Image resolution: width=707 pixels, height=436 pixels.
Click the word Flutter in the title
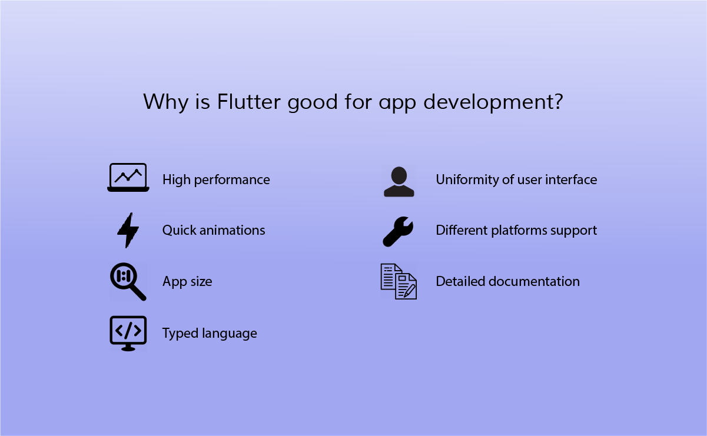click(x=248, y=102)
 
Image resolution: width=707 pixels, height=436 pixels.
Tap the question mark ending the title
click(x=557, y=101)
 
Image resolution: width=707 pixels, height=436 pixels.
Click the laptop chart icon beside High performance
click(x=128, y=177)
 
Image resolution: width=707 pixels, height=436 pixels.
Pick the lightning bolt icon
click(x=128, y=230)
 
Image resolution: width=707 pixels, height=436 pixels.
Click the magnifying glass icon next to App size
click(x=128, y=281)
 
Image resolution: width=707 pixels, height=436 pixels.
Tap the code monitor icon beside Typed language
click(x=128, y=334)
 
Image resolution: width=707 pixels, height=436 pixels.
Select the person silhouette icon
click(x=399, y=182)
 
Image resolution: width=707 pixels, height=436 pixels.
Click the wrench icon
click(x=398, y=232)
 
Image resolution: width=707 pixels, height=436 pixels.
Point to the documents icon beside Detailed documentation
click(x=399, y=281)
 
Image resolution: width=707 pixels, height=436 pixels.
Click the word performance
click(x=232, y=180)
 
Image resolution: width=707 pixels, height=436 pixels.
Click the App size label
click(x=187, y=282)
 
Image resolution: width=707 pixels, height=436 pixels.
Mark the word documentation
click(x=534, y=281)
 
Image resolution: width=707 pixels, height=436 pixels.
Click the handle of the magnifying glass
click(x=138, y=292)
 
